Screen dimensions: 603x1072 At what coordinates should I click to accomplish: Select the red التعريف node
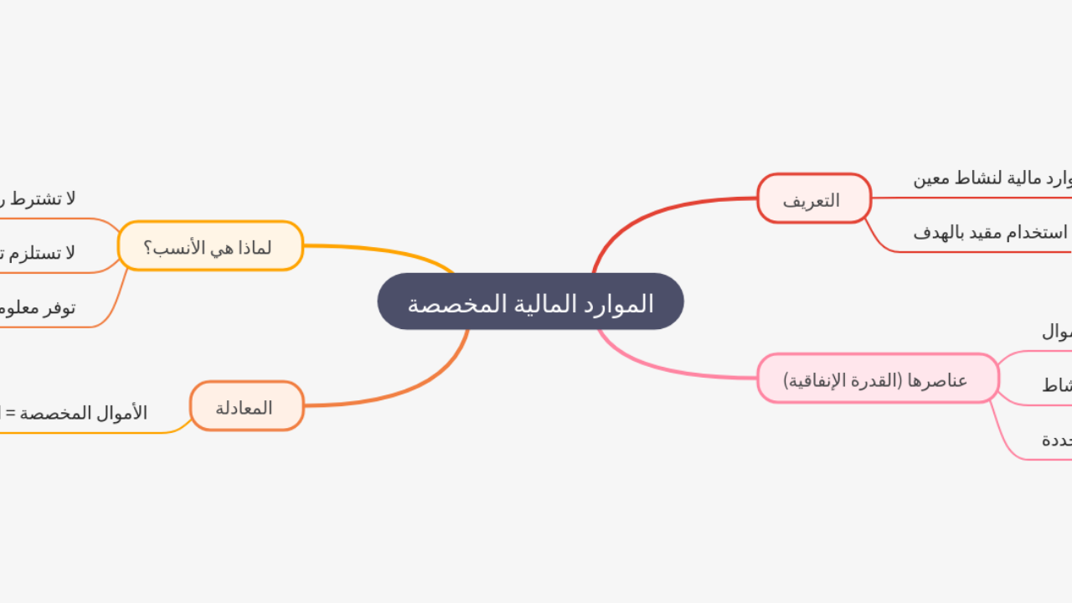point(813,199)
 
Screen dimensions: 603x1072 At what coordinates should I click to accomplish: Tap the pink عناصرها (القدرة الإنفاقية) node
point(877,379)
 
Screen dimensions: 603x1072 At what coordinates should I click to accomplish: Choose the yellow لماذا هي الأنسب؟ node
point(210,247)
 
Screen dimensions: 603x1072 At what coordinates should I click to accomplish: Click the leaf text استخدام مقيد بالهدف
point(991,233)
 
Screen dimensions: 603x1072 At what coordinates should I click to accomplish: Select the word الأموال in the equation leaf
point(122,413)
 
